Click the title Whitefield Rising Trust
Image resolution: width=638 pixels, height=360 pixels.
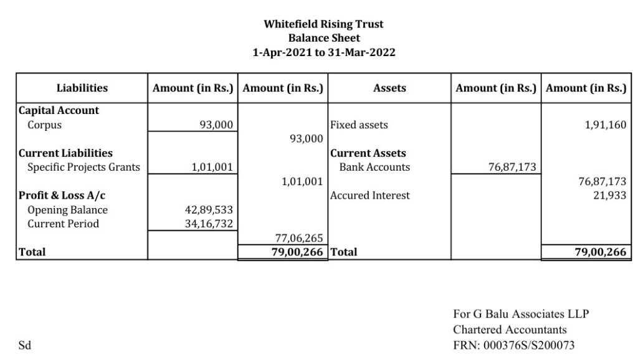pyautogui.click(x=323, y=24)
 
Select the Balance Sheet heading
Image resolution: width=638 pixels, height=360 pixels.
pyautogui.click(x=323, y=38)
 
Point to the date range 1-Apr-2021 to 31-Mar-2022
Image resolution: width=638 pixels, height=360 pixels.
pyautogui.click(x=323, y=52)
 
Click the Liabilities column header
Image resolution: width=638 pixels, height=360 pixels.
pyautogui.click(x=82, y=88)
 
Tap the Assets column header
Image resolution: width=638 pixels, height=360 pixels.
pyautogui.click(x=389, y=88)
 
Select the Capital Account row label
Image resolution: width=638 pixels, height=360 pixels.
pyautogui.click(x=59, y=110)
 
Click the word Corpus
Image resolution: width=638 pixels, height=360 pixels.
pyautogui.click(x=44, y=125)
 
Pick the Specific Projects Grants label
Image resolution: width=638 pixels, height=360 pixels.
pyautogui.click(x=83, y=167)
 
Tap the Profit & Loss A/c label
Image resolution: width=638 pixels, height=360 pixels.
pyautogui.click(x=62, y=196)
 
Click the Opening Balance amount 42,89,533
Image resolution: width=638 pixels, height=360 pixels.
pyautogui.click(x=209, y=210)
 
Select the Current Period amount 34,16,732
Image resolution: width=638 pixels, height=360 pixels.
pyautogui.click(x=209, y=224)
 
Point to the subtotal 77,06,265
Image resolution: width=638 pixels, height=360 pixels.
pyautogui.click(x=299, y=238)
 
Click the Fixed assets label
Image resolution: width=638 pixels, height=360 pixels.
pyautogui.click(x=359, y=125)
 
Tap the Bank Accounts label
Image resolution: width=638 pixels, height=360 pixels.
pyautogui.click(x=374, y=167)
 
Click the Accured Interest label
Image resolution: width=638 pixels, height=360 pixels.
pyautogui.click(x=370, y=196)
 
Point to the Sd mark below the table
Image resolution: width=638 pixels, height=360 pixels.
pyautogui.click(x=25, y=345)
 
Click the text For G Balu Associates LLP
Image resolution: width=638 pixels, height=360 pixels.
pyautogui.click(x=521, y=314)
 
